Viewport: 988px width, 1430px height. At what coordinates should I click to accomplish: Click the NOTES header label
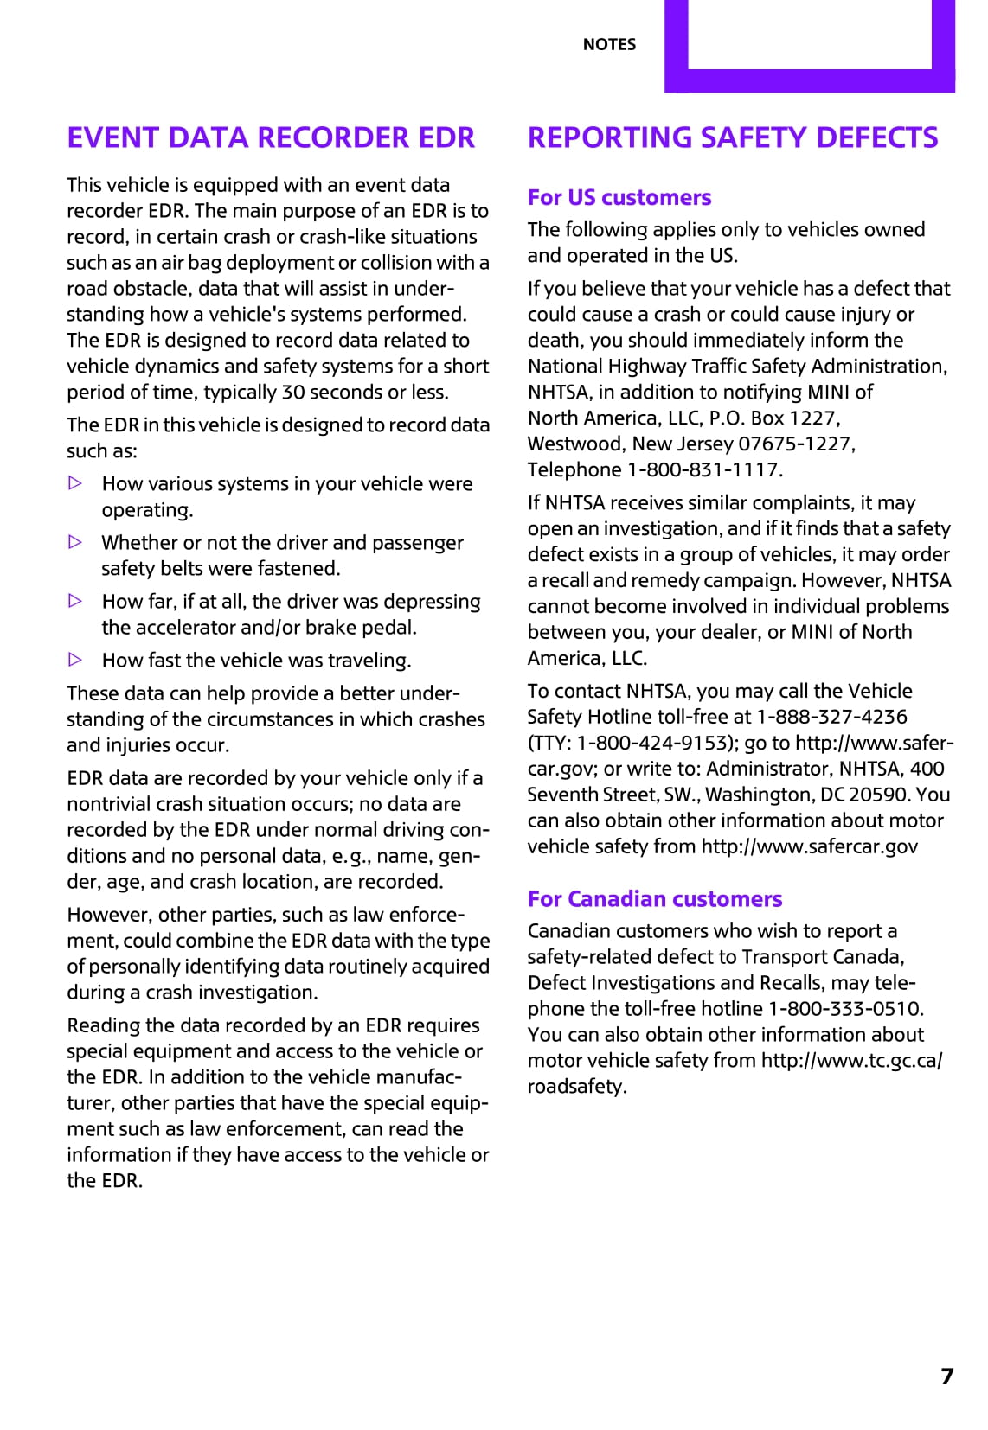[609, 44]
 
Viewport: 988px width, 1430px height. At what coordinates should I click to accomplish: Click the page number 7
[947, 1376]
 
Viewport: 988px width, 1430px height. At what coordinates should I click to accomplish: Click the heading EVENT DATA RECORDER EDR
[271, 137]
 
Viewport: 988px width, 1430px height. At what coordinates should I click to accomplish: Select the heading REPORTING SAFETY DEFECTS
[733, 137]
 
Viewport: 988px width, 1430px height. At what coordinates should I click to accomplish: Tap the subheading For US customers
[619, 197]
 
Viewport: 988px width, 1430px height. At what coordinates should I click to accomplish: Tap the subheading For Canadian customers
[655, 898]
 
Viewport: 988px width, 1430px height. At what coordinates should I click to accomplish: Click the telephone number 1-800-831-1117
[704, 469]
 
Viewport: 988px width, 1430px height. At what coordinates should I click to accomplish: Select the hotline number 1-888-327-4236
[832, 717]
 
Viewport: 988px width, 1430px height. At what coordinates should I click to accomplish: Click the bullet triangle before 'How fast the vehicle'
[75, 660]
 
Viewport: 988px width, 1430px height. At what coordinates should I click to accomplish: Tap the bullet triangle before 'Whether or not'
[75, 542]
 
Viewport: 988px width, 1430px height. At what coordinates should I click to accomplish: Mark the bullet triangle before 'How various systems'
[75, 483]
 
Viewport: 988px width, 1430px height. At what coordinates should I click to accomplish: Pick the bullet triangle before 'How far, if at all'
[75, 601]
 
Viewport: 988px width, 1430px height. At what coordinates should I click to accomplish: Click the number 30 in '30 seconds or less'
[293, 392]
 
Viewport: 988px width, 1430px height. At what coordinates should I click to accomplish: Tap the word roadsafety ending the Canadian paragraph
[576, 1086]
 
